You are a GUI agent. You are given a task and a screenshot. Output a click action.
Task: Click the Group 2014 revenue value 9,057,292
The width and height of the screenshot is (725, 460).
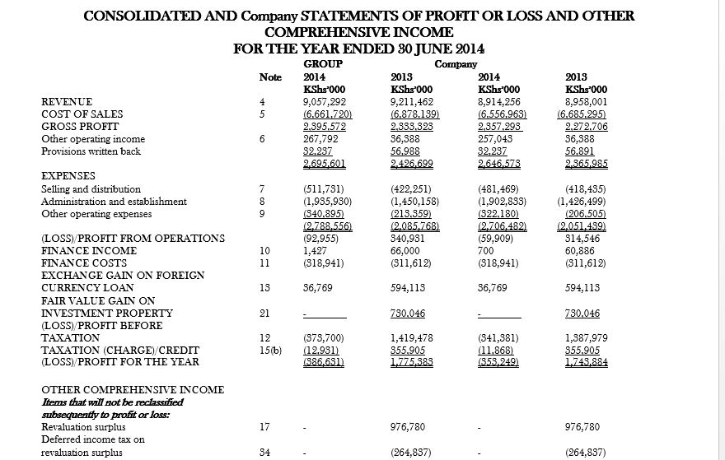pyautogui.click(x=325, y=102)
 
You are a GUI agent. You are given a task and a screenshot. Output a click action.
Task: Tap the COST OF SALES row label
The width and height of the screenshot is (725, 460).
pyautogui.click(x=82, y=114)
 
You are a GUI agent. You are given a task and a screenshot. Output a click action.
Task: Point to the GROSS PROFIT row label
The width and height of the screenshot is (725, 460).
pyautogui.click(x=80, y=127)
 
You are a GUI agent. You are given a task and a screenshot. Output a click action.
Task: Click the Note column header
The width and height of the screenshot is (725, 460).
pyautogui.click(x=270, y=77)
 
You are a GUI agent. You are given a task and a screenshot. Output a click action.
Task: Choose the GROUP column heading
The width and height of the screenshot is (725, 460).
pyautogui.click(x=324, y=63)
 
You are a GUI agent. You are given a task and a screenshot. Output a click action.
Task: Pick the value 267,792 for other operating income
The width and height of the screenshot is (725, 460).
pyautogui.click(x=321, y=139)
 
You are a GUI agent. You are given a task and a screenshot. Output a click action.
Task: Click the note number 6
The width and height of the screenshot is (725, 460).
pyautogui.click(x=262, y=139)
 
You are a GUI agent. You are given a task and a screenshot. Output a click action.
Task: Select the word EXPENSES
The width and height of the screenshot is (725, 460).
pyautogui.click(x=68, y=176)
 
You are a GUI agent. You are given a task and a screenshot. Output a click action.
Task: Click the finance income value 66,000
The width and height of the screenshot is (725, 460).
pyautogui.click(x=405, y=251)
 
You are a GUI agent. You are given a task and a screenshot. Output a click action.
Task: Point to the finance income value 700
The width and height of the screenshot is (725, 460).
pyautogui.click(x=485, y=251)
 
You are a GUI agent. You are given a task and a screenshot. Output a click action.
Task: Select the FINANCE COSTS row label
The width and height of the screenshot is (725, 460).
pyautogui.click(x=84, y=263)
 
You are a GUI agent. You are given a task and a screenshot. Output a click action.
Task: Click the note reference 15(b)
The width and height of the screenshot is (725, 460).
pyautogui.click(x=266, y=350)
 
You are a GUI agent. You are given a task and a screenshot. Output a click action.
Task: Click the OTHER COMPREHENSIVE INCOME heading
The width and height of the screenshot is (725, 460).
pyautogui.click(x=133, y=389)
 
